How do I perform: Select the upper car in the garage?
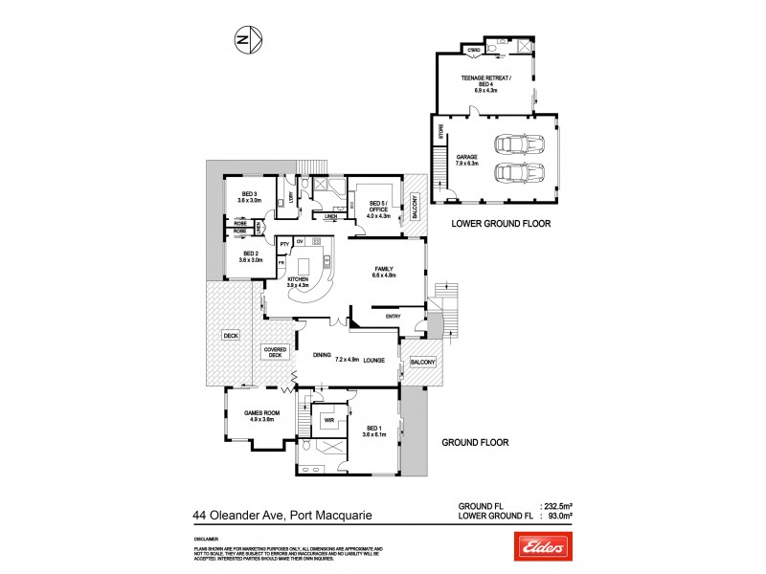pos(516,145)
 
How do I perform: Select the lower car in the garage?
pos(516,174)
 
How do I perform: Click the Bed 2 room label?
pos(249,256)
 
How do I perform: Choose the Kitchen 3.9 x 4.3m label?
pos(303,281)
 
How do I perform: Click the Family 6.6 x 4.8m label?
pos(383,272)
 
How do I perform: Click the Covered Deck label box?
pos(275,352)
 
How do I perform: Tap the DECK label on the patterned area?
pos(229,336)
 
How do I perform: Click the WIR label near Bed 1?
pos(327,419)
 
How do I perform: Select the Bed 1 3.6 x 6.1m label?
pos(373,430)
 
